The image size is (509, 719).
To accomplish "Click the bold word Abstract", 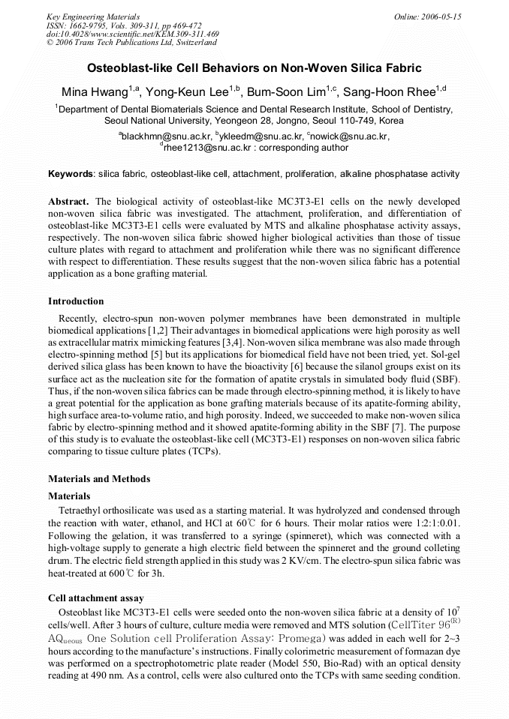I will pos(69,202).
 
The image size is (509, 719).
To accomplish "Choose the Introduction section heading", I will pos(76,301).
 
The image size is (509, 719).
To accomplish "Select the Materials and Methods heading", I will pos(99,479).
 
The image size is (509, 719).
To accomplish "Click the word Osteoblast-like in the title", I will pos(127,67).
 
